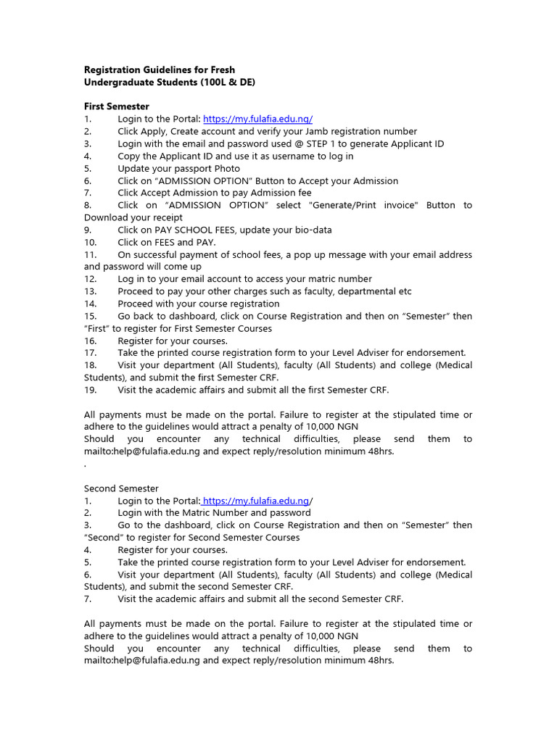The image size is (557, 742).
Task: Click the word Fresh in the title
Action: tap(220, 70)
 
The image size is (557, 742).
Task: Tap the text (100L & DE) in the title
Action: tap(223, 83)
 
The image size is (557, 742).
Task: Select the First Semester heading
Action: tap(117, 107)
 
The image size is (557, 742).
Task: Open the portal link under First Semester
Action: tap(257, 119)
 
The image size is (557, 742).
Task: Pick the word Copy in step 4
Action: tap(130, 156)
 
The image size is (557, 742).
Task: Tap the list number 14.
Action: tap(90, 304)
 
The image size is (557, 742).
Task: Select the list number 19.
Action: tap(90, 390)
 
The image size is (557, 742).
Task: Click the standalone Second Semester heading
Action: tap(121, 488)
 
